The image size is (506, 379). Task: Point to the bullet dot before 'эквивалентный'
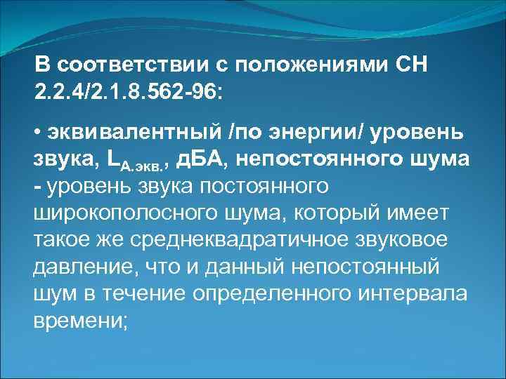coord(38,133)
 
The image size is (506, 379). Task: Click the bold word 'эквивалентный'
coord(121,133)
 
